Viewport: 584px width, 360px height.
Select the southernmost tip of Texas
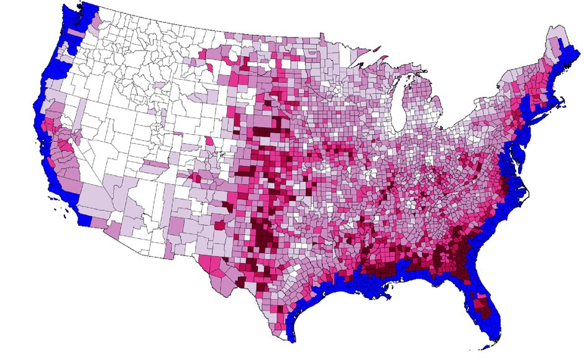point(290,339)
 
